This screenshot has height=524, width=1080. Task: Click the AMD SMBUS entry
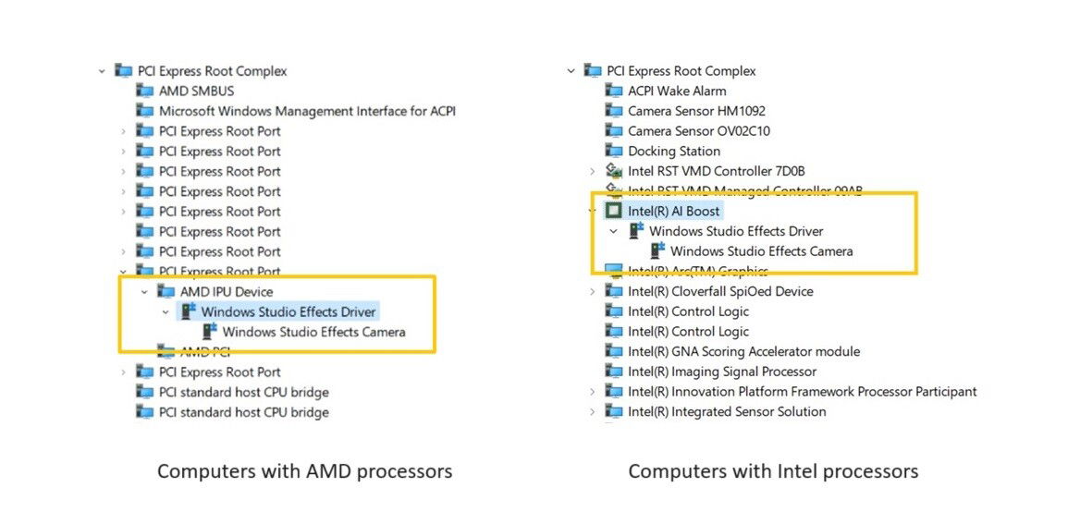point(196,91)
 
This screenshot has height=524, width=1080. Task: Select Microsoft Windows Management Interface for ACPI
point(307,111)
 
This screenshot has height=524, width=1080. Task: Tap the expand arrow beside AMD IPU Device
point(144,292)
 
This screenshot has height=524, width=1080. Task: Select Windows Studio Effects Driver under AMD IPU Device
point(288,312)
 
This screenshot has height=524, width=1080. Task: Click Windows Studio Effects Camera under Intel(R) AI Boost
point(761,251)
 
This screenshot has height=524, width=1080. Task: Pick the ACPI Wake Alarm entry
point(677,91)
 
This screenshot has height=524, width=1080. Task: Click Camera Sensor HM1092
point(696,111)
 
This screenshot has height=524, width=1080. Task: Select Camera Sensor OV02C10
point(698,131)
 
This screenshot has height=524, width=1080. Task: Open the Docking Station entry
point(673,152)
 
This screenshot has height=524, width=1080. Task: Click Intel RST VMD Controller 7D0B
point(716,171)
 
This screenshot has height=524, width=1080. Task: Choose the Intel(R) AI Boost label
point(673,212)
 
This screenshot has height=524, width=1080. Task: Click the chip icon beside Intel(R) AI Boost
point(613,212)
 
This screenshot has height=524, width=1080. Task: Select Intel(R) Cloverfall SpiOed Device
point(720,292)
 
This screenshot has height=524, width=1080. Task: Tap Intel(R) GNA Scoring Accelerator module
point(743,352)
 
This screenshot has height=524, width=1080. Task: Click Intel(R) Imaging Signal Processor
point(721,372)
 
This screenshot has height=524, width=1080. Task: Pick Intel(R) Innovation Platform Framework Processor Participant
point(802,392)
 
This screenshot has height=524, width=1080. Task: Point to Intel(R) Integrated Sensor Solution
point(727,412)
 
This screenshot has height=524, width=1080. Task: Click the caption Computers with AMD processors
point(304,471)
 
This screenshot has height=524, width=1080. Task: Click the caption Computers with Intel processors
point(773,471)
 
